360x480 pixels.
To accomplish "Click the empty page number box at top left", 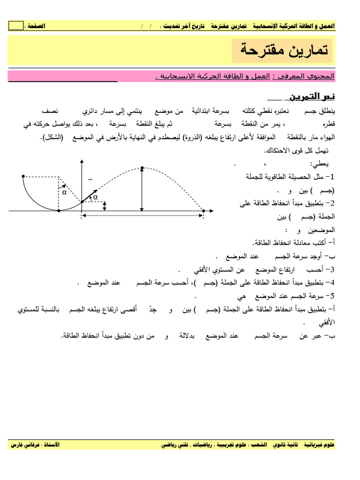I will coord(15,26).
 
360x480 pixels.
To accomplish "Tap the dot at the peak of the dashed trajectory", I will coord(142,167).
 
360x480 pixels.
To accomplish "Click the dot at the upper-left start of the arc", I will coord(22,176).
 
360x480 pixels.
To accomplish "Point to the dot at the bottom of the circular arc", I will coord(58,211).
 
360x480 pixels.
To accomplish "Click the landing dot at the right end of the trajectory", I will coord(203,211).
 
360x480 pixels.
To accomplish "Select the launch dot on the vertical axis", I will coord(82,202).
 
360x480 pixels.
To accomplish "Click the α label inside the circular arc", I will coord(64,192).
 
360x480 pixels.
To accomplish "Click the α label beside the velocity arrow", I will coord(96,198).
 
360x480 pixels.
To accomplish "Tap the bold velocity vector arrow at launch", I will coord(90,195).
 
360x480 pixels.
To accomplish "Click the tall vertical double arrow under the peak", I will coord(142,190).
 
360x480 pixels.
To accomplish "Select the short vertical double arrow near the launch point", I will coord(105,206).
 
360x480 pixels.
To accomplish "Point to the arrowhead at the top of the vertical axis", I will coord(82,161).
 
